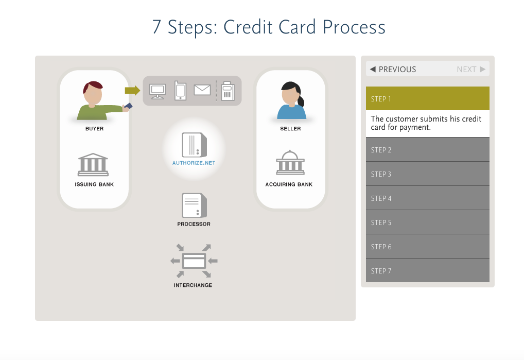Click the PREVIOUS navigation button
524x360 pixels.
point(393,69)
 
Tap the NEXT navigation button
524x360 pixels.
point(471,69)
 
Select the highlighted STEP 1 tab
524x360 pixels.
point(427,98)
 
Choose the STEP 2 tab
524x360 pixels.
point(427,150)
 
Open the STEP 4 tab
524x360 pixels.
point(427,198)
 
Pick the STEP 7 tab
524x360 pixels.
point(427,271)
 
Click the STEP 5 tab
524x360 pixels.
point(427,222)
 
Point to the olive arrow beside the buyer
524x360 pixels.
point(132,90)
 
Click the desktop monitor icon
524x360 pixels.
point(158,92)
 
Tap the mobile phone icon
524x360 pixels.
point(180,90)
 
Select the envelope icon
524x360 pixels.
point(202,90)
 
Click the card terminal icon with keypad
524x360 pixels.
point(228,91)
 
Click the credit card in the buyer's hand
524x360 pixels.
point(128,106)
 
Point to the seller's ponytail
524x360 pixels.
point(301,100)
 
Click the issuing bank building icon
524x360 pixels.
point(93,164)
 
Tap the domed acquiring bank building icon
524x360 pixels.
point(290,162)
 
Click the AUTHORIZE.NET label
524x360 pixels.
point(194,163)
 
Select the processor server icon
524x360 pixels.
point(194,205)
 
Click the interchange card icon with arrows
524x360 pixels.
point(194,261)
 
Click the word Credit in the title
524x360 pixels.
point(248,27)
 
